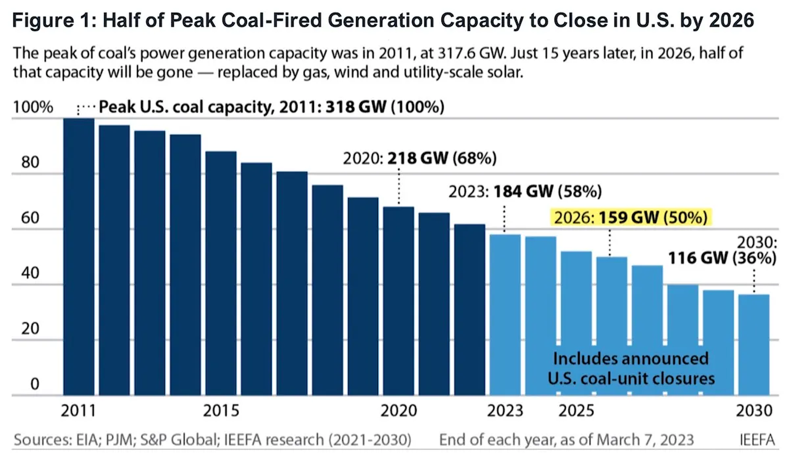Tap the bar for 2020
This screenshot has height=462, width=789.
tap(398, 301)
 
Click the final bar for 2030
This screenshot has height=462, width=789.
tap(754, 344)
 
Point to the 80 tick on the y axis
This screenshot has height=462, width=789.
tap(30, 162)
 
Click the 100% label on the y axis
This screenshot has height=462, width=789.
tap(33, 107)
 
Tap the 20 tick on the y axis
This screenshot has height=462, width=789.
tap(30, 329)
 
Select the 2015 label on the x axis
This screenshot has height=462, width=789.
tap(221, 411)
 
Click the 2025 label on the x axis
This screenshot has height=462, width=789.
tap(576, 411)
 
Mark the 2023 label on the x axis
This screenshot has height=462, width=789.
tap(505, 411)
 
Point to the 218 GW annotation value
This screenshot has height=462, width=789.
tap(418, 158)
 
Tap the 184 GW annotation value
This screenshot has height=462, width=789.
tap(523, 192)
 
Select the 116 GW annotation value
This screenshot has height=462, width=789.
tap(697, 258)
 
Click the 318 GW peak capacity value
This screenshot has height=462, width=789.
tap(356, 107)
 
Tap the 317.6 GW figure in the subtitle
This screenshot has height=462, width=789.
tap(471, 53)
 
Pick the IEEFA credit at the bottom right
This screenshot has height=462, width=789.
tap(757, 440)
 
